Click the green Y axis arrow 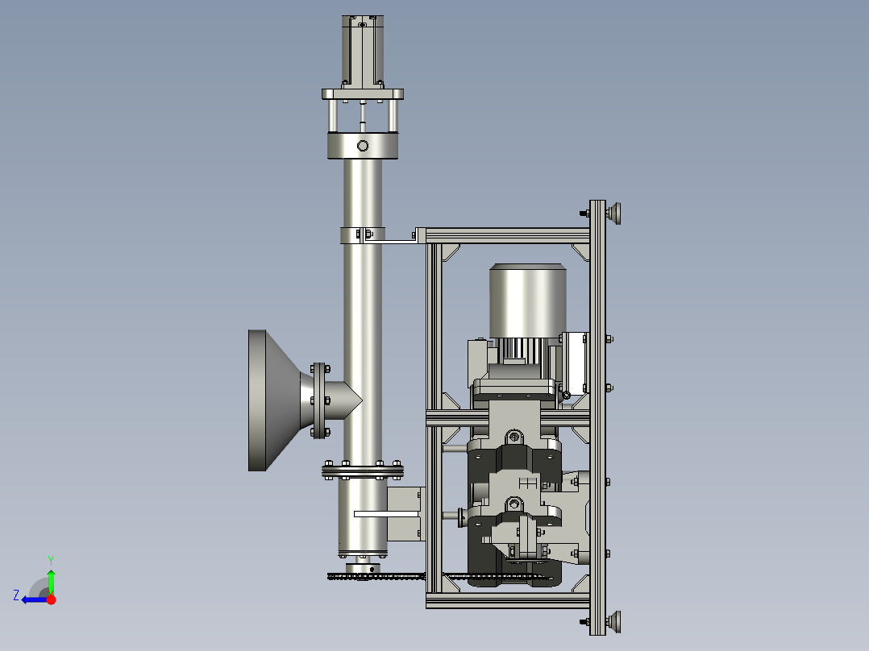[x=51, y=582]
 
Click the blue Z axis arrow [x=35, y=599]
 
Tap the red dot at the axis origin [x=52, y=599]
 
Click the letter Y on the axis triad [x=51, y=560]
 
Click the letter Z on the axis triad [x=16, y=595]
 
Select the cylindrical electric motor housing [x=527, y=301]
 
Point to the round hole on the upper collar [x=363, y=146]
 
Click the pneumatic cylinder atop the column [x=363, y=52]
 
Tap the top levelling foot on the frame [x=613, y=213]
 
